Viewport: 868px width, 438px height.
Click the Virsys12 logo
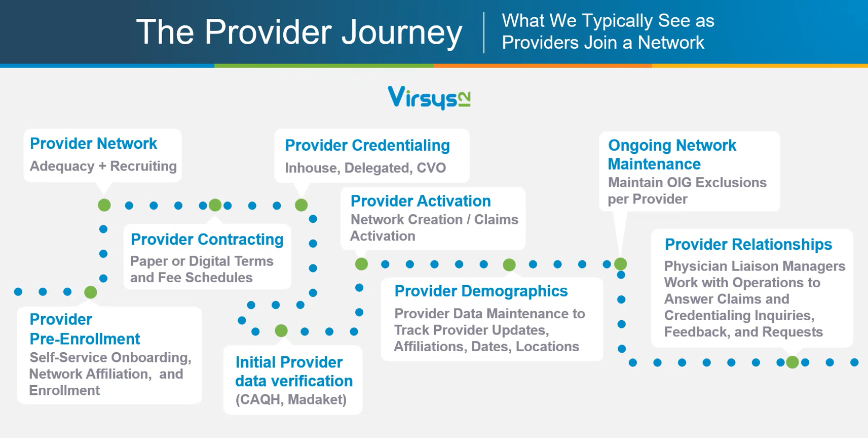(x=429, y=97)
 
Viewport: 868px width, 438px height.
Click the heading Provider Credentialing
(x=367, y=145)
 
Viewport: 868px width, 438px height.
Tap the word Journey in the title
(x=401, y=32)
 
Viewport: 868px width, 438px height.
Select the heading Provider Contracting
(x=207, y=239)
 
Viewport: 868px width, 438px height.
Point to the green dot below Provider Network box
(x=104, y=205)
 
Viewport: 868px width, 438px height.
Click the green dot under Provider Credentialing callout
(x=301, y=205)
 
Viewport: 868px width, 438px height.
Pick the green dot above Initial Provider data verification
(x=281, y=331)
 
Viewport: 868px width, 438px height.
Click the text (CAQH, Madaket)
(x=291, y=399)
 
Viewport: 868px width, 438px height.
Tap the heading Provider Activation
(x=420, y=201)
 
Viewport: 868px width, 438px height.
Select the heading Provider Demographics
(x=480, y=291)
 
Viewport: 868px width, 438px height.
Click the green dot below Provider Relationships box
(x=792, y=362)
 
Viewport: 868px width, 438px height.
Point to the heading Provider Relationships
(x=748, y=244)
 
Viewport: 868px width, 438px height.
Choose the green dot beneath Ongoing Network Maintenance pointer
(x=620, y=264)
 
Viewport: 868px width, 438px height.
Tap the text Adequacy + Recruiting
(x=103, y=166)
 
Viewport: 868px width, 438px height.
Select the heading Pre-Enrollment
(x=85, y=339)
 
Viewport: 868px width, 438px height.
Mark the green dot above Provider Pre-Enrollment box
(x=91, y=292)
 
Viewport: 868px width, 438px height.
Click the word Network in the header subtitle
(x=670, y=43)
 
